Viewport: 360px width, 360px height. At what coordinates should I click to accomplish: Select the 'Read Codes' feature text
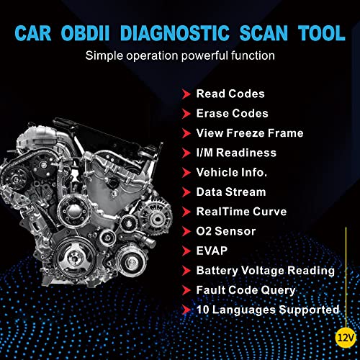[x=230, y=94]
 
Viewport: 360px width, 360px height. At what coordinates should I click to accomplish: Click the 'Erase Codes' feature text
[x=231, y=113]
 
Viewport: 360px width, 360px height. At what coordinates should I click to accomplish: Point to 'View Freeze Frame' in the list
[x=249, y=132]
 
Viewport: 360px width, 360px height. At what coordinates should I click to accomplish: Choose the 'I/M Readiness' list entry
[x=236, y=153]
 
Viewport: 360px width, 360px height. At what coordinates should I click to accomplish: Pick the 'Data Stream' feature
[x=230, y=192]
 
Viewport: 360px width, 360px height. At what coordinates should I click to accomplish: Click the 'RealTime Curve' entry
[x=240, y=212]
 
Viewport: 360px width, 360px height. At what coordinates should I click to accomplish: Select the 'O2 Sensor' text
[x=227, y=231]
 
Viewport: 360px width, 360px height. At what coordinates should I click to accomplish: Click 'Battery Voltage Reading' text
[x=265, y=271]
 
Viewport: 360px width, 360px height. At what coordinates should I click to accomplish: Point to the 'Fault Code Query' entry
[x=246, y=290]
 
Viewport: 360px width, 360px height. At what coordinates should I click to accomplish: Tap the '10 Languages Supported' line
[x=267, y=310]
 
